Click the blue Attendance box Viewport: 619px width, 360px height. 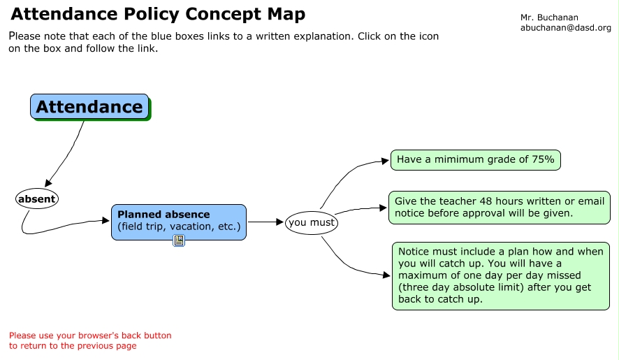[89, 106]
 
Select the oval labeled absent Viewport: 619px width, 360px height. [37, 199]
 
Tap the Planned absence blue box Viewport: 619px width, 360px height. [179, 222]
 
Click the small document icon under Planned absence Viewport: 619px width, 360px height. [179, 240]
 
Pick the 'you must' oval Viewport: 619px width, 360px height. [312, 222]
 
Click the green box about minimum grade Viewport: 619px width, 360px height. [475, 159]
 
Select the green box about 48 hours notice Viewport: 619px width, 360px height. [500, 208]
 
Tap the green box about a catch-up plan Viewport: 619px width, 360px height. [500, 276]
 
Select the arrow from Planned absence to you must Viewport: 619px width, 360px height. [265, 222]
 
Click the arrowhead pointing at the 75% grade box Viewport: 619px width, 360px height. [385, 161]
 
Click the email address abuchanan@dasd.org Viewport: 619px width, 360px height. [566, 28]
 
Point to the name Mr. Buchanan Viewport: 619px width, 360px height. [549, 17]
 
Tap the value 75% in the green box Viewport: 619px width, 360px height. [544, 159]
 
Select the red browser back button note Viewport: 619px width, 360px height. [90, 340]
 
